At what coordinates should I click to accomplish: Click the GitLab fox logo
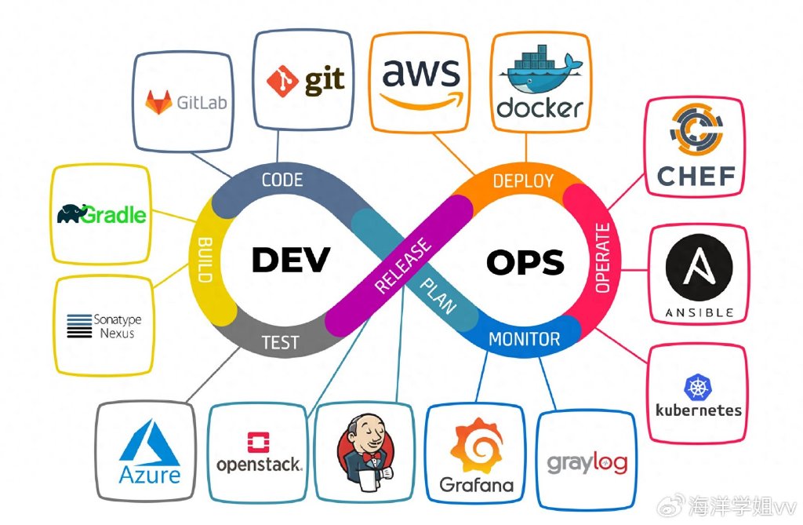coord(158,101)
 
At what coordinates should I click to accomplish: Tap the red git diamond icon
coord(282,81)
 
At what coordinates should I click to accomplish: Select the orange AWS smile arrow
coord(421,100)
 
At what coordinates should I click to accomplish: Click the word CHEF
coord(696,176)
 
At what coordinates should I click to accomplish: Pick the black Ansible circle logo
coord(699,267)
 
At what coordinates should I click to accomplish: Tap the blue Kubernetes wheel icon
coord(698,387)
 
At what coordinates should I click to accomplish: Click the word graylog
coord(587,464)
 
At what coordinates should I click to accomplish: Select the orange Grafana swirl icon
coord(476,445)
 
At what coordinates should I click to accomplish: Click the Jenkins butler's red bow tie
coord(370,456)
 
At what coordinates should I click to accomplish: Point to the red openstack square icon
coord(258,442)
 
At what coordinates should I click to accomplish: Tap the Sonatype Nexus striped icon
coord(79,326)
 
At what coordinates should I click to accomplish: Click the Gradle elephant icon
coord(71,213)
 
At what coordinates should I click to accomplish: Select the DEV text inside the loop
coord(291,260)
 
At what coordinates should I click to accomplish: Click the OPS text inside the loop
coord(525,262)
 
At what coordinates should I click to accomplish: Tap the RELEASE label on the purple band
coord(403,265)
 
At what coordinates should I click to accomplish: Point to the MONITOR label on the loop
coord(525,339)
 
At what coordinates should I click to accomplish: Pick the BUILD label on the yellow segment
coord(205,260)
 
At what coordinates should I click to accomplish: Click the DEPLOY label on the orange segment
coord(523,180)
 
